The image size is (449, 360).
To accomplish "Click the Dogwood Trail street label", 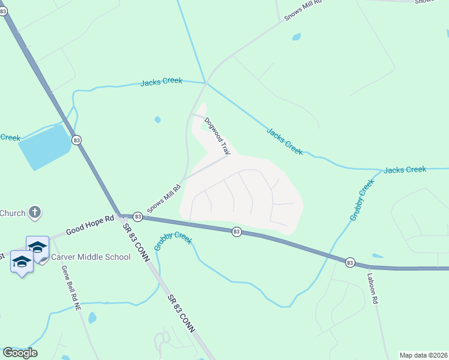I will click(217, 136).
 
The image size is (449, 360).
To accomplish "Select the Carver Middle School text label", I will click(91, 257).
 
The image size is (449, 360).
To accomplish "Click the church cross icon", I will click(35, 212).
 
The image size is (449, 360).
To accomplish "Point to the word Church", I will click(12, 213).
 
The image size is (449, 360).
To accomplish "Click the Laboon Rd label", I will click(373, 287).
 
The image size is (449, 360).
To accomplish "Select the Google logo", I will click(20, 353).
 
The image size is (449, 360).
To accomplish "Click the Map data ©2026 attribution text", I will click(423, 355).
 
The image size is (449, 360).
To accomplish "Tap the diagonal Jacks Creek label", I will click(285, 141).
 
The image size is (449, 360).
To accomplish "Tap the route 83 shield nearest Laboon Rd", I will click(350, 262).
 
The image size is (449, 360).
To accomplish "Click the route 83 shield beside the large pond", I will click(76, 140).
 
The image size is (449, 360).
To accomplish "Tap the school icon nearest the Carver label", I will click(37, 248).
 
